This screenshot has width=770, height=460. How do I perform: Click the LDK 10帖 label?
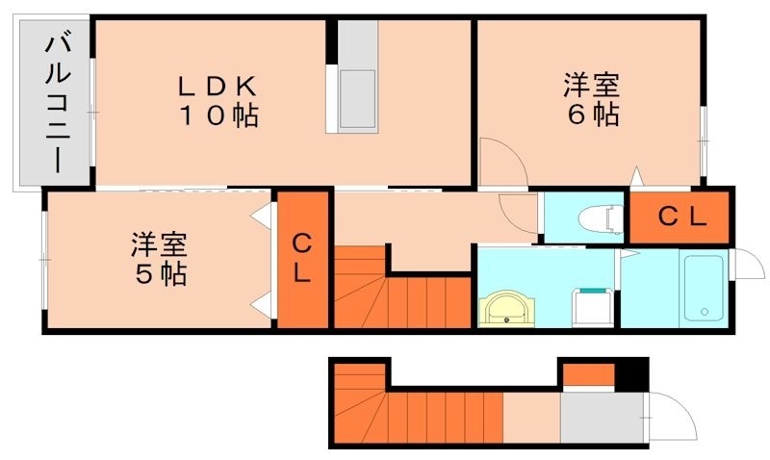coord(218,101)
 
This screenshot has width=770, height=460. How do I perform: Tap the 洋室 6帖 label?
coord(591,99)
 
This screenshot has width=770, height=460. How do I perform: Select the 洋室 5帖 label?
coord(160,258)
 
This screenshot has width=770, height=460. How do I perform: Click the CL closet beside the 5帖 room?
coord(301,258)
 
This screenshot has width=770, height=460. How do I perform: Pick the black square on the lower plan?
coord(631,374)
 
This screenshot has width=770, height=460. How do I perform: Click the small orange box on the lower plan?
coord(587,374)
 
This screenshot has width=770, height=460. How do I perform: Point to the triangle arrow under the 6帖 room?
coord(635,177)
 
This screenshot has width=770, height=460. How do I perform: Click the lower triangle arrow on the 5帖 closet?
coord(260,307)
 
